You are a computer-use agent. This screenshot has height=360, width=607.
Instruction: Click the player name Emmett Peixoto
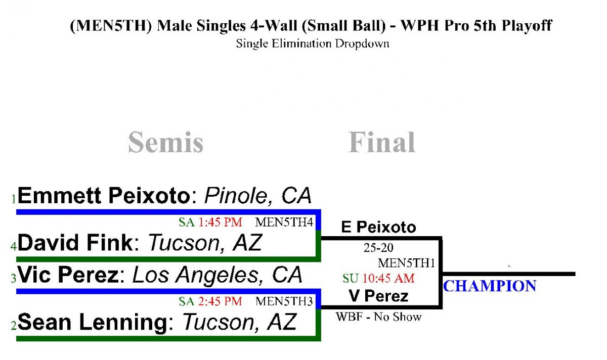coord(104,195)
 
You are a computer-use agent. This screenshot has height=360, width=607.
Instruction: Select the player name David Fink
coord(75,242)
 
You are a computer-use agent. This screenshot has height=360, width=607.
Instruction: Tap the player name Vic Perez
coord(68,275)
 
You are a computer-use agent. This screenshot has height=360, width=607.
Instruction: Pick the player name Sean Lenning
coord(93,322)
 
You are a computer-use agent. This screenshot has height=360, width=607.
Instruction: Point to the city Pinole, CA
coord(258,196)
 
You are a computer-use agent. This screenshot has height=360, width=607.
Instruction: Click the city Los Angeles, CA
coord(218,275)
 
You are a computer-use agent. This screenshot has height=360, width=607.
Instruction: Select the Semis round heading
coord(166,142)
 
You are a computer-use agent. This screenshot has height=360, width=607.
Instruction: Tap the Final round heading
coord(381,142)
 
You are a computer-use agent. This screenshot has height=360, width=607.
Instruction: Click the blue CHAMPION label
coord(490,286)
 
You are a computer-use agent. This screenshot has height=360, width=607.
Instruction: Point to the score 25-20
coord(378,248)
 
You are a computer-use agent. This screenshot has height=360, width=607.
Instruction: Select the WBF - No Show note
coord(378,317)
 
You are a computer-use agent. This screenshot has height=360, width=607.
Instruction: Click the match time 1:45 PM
coord(220,222)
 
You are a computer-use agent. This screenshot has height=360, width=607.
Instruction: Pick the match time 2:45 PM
coord(220,301)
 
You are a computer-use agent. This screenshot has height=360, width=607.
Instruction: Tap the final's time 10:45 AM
coord(388,279)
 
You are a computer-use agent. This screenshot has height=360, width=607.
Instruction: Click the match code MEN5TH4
coord(284,222)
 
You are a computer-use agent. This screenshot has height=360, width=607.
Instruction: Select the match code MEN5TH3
coord(284,301)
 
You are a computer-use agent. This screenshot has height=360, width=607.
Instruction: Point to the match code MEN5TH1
coord(407,263)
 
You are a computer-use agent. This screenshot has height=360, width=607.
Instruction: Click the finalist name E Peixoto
coord(378,227)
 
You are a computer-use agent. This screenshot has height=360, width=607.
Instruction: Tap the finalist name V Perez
coord(378,296)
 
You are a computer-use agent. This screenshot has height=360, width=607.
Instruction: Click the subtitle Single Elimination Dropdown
coord(313,43)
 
